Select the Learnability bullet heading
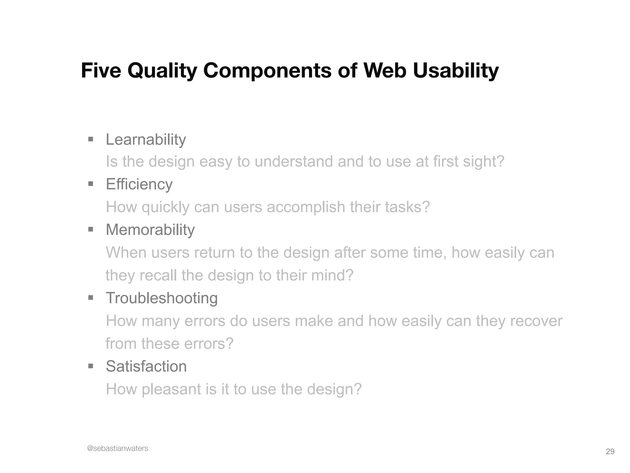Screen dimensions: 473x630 click(x=146, y=140)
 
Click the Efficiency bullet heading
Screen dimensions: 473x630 click(x=139, y=184)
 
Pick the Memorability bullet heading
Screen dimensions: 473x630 click(x=150, y=230)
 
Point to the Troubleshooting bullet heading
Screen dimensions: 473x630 click(x=161, y=298)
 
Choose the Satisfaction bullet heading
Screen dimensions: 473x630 click(x=146, y=366)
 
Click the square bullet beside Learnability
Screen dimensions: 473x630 click(x=90, y=139)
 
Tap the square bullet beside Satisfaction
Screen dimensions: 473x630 click(x=90, y=366)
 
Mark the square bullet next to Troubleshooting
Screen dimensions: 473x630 click(x=90, y=298)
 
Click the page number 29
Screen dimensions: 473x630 click(x=610, y=451)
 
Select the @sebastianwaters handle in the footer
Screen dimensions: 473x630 click(x=118, y=448)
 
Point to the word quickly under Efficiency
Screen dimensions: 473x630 click(x=165, y=207)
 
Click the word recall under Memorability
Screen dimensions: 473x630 click(x=158, y=275)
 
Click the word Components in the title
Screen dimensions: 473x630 click(x=267, y=71)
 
